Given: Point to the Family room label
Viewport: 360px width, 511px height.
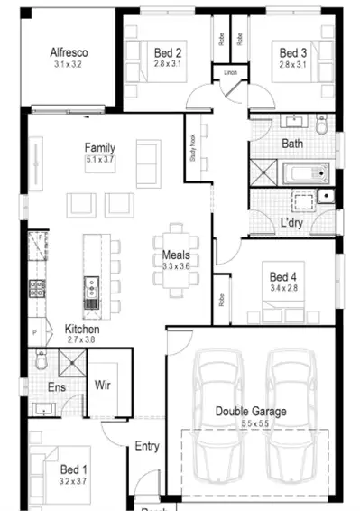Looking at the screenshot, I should point(100,147).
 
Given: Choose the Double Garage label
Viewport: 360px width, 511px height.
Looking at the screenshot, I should point(251,412).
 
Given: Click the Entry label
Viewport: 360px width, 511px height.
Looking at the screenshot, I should point(146,446).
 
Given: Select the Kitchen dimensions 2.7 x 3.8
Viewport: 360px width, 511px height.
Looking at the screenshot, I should point(81,341).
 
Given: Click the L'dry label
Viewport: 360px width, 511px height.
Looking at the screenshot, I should point(291,222).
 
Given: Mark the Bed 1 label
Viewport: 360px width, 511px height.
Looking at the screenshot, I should point(74,470).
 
